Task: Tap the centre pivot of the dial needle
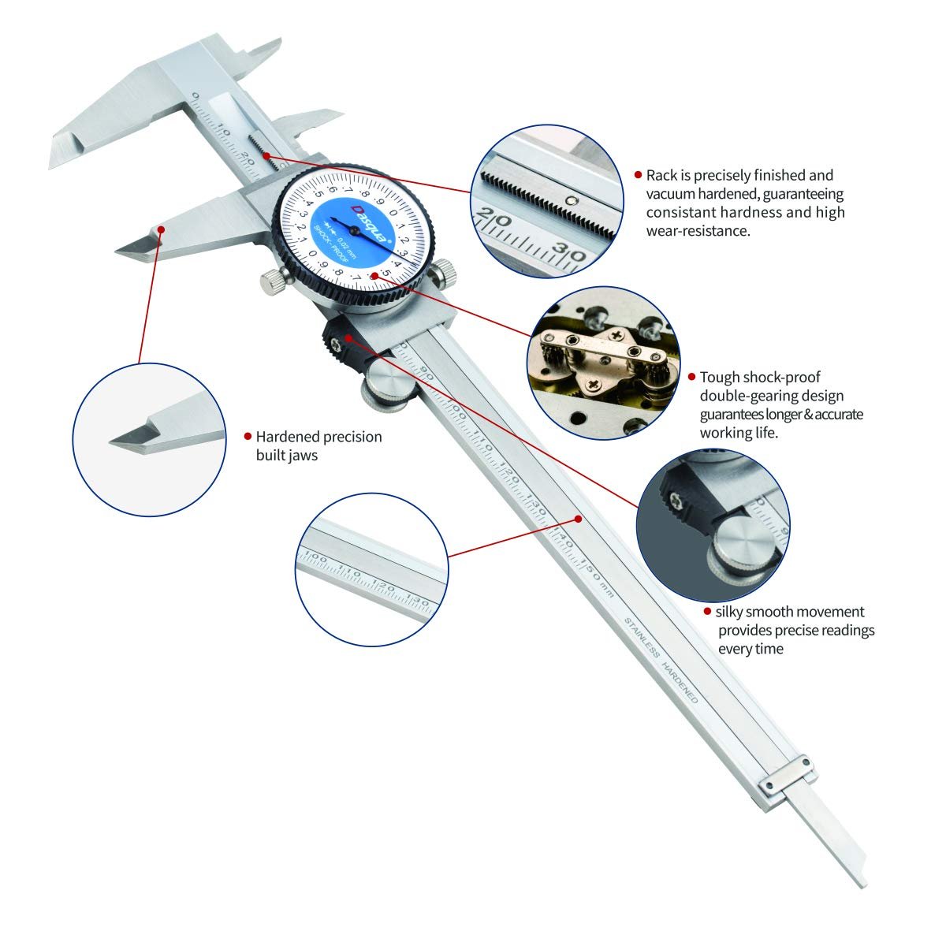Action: (354, 229)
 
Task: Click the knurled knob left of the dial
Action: (271, 279)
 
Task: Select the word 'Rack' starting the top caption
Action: (661, 175)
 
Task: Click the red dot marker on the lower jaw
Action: (162, 229)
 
